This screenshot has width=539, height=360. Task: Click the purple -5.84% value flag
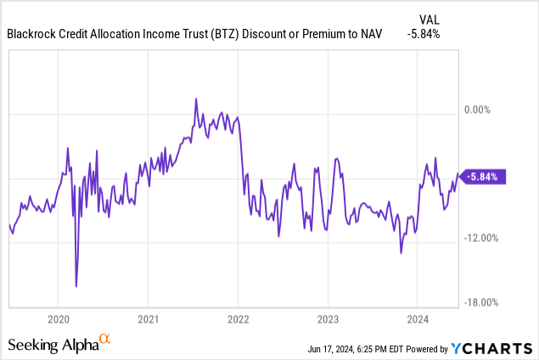484,177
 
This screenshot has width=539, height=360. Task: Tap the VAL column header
431,19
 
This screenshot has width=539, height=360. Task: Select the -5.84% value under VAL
431,35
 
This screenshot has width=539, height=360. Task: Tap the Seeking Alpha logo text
53,346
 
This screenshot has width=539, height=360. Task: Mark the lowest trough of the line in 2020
76,286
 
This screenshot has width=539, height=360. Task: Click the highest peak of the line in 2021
196,98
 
